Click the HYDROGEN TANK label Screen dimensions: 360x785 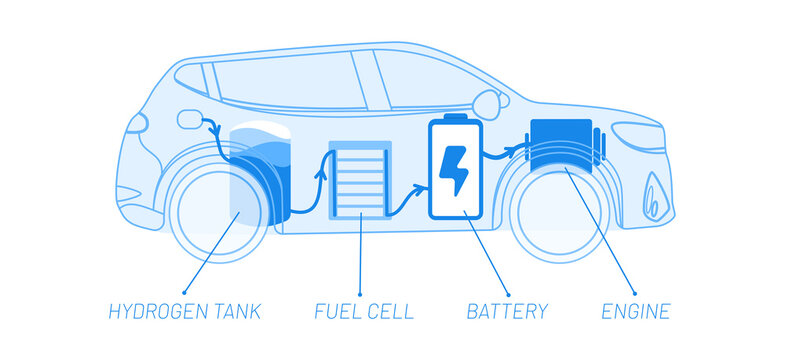(x=184, y=311)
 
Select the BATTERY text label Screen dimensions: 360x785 (x=507, y=311)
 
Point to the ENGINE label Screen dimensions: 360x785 (x=635, y=311)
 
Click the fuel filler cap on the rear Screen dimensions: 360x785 (x=190, y=121)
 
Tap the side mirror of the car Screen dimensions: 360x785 (x=487, y=102)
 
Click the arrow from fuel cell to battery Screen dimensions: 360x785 (x=405, y=200)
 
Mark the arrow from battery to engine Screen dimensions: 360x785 (x=505, y=152)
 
